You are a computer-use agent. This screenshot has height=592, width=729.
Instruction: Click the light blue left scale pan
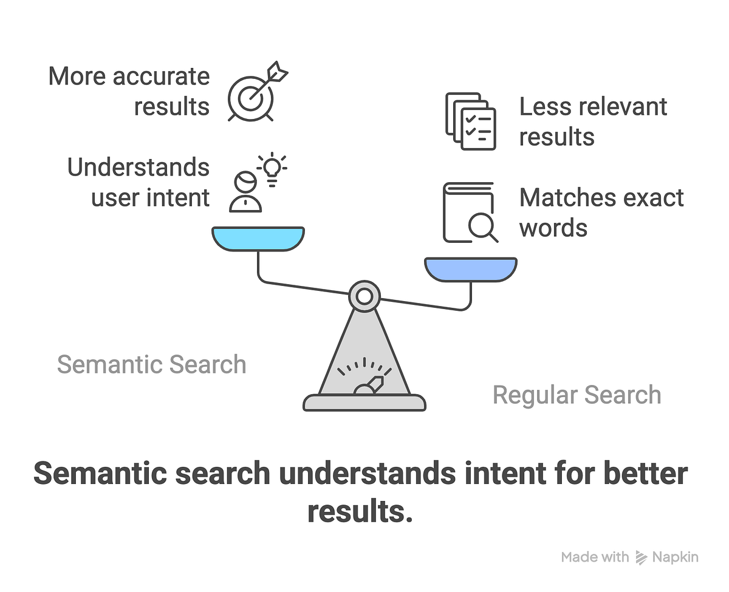click(x=258, y=238)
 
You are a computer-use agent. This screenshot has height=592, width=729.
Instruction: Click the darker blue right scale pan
click(x=470, y=269)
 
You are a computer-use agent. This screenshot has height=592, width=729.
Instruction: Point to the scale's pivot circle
click(x=364, y=296)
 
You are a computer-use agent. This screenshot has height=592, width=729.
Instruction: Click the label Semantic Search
click(x=151, y=364)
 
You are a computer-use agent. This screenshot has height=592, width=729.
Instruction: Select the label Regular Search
click(x=577, y=395)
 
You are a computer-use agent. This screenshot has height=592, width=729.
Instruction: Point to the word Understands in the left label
click(x=138, y=168)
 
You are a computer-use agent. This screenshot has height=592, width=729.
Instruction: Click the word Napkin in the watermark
click(x=675, y=557)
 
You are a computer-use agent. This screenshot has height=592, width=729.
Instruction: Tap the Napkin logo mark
click(x=640, y=557)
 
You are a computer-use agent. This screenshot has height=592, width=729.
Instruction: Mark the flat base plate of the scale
click(x=364, y=403)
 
